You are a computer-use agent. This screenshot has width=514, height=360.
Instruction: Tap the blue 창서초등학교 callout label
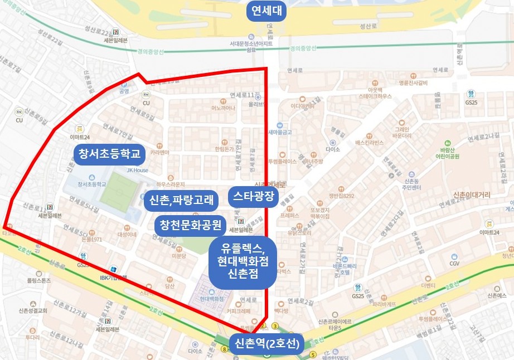point(109,153)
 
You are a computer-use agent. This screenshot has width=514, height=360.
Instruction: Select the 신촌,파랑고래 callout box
point(181,199)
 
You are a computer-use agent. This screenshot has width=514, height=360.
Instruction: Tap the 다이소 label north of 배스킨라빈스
point(333,149)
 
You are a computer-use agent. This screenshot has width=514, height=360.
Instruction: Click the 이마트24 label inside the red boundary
point(80,136)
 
